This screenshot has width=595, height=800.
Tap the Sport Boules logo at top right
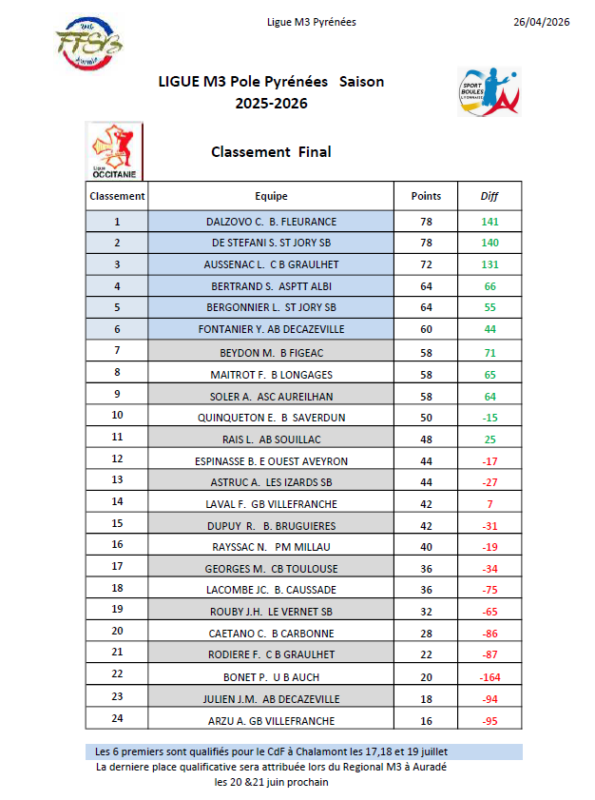489,91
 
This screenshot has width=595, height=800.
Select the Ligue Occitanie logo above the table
113,150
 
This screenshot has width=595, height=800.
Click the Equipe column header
271,196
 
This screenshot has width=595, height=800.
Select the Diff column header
489,196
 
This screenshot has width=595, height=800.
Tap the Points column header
426,196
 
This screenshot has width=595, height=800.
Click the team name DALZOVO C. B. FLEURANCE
271,222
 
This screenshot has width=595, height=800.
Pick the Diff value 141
489,222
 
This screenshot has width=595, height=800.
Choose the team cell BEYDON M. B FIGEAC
271,352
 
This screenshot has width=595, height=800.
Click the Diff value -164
489,676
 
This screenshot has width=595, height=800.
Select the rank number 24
117,720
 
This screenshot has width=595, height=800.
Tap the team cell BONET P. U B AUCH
271,676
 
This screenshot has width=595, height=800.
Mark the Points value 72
426,264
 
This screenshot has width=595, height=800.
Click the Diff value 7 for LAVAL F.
489,503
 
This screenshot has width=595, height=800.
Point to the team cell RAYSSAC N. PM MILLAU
271,547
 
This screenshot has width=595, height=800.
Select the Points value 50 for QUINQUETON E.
426,417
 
